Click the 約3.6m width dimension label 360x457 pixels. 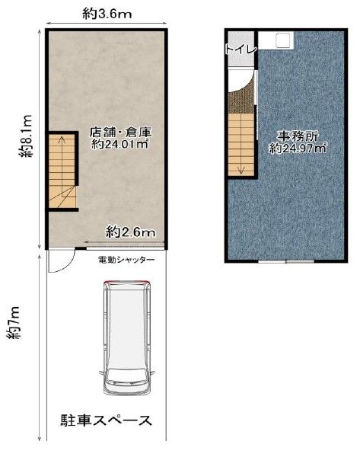coord(107,14)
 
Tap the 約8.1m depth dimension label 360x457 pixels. coord(26,136)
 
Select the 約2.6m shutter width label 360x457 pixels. coord(130,232)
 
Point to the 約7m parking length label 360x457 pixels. coord(14,323)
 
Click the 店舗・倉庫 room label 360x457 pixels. coord(120,133)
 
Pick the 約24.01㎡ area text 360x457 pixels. coord(120,144)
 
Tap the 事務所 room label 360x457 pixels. coord(298,136)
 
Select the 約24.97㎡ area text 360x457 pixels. coord(298,149)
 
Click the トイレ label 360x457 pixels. coord(241,50)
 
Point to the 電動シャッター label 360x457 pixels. coord(126,259)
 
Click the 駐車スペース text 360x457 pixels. coord(106,420)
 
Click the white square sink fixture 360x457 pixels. coord(283,40)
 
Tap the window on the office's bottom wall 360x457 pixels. coord(286,261)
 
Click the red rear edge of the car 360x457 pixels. coord(127,282)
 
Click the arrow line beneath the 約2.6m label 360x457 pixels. coord(125,241)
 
